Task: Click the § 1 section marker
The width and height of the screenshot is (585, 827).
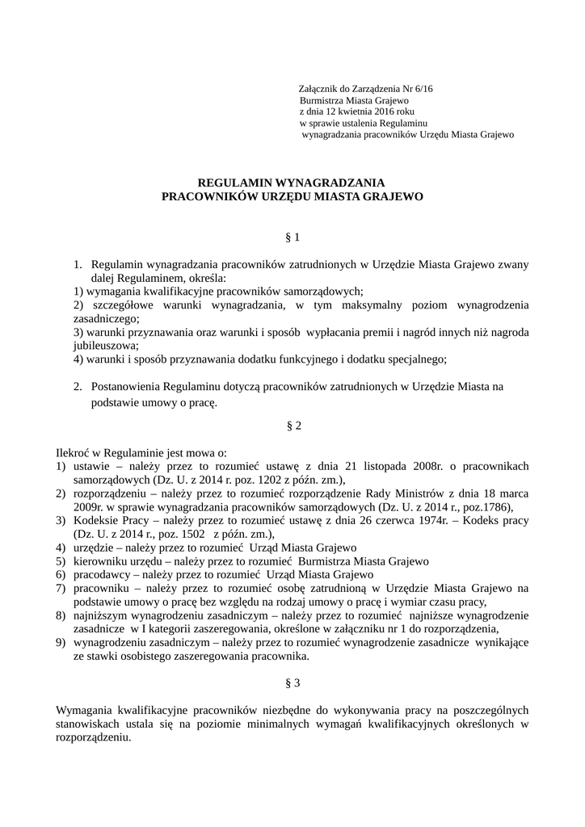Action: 292,237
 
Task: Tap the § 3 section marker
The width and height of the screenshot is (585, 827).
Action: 292,682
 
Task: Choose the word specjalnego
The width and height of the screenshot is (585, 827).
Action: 417,358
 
